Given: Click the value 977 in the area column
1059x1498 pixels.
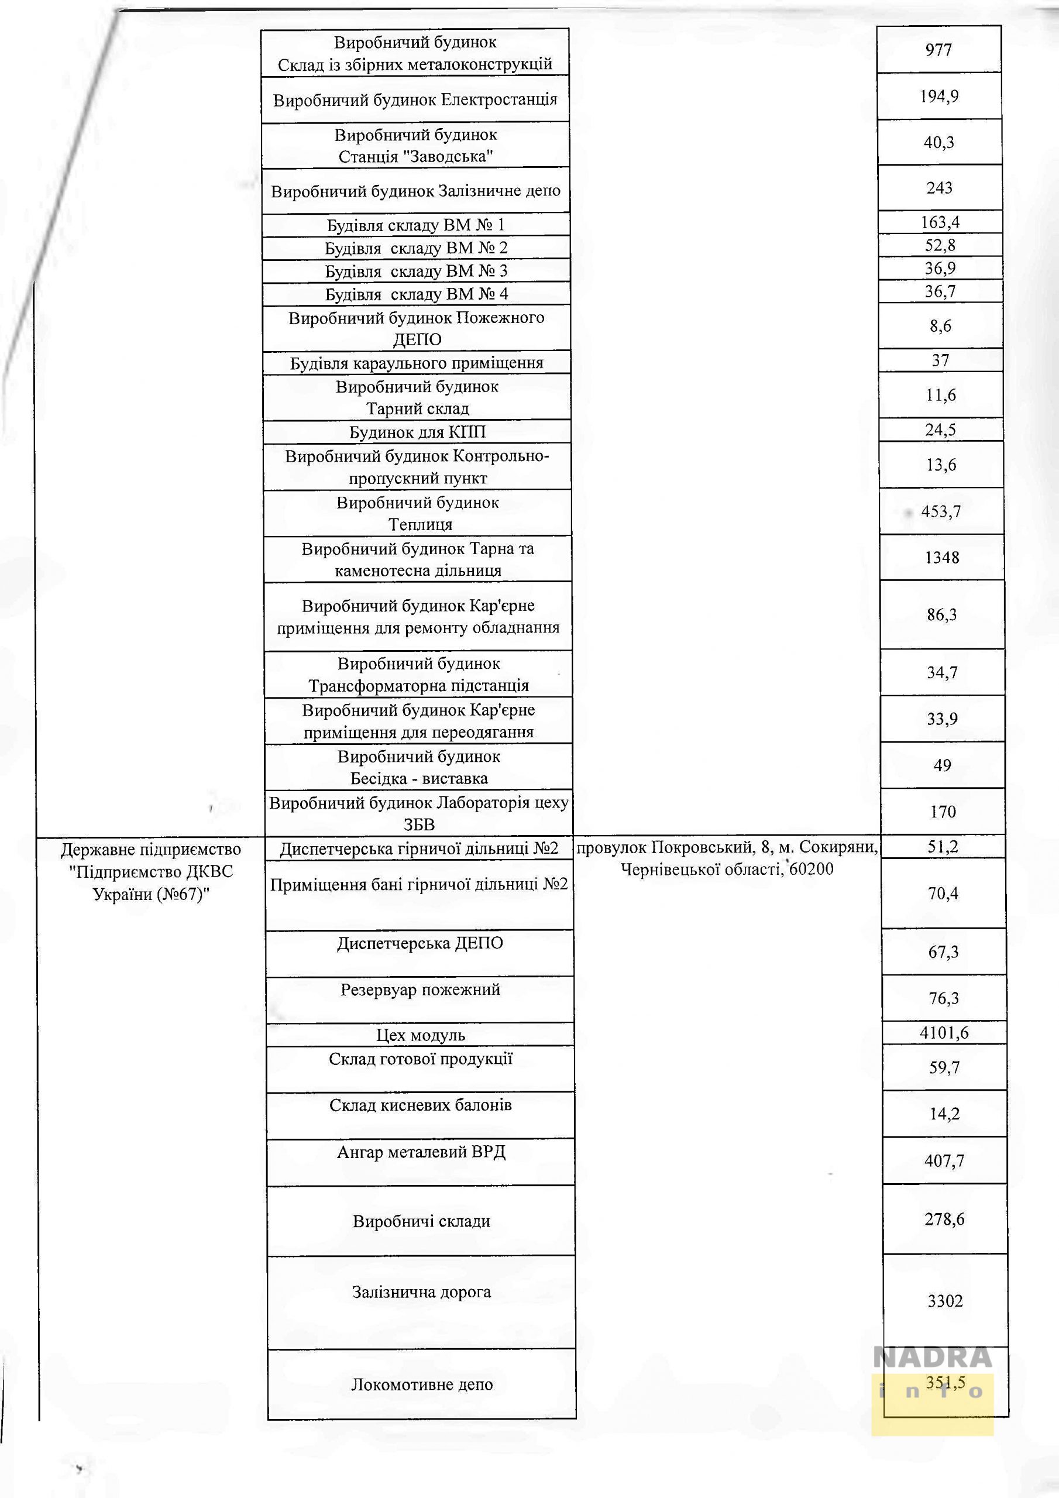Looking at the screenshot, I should click(938, 50).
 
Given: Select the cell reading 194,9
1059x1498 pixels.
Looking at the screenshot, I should click(939, 97).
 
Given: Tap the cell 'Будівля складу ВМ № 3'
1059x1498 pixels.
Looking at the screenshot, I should click(417, 271).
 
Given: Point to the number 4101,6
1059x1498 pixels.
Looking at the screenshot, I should click(944, 1033).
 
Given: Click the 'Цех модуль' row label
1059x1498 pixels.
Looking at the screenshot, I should click(420, 1035).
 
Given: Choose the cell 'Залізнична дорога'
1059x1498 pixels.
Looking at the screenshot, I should click(421, 1291).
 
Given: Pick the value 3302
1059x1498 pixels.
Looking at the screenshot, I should click(945, 1301).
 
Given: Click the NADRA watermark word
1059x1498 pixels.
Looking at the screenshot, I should click(933, 1358).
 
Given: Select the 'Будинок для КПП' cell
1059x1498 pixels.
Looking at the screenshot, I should click(418, 432).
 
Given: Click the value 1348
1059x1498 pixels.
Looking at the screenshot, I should click(941, 557).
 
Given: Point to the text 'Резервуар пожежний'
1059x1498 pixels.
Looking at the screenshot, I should click(420, 989).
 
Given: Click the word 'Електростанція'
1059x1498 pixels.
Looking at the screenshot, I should click(499, 100).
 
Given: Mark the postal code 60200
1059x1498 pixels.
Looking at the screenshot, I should click(811, 869).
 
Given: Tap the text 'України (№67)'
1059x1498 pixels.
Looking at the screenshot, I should click(151, 894).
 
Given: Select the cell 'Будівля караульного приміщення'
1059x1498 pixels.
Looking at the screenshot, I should click(417, 363).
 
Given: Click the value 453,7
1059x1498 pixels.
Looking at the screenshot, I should click(941, 511).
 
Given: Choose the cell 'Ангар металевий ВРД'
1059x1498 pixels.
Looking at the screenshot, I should click(421, 1152).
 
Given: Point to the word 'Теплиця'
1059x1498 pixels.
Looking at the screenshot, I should click(420, 524).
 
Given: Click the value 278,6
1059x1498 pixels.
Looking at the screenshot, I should click(944, 1219).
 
